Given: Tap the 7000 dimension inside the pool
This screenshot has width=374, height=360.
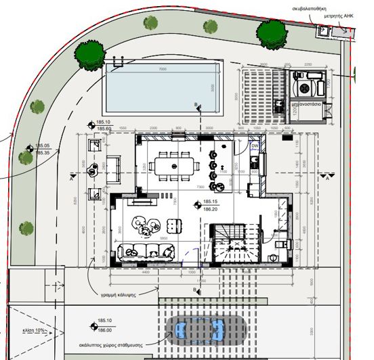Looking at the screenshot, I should coord(162,70).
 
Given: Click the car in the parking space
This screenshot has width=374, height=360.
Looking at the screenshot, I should coord(198,330).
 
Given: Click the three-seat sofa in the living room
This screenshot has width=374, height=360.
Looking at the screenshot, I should coord(144,252).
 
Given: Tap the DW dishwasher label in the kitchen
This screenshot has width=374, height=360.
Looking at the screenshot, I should coord(255,145).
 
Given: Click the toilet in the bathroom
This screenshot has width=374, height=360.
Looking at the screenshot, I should coord(272,258).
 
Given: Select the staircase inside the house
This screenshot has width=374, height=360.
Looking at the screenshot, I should coord(230,247).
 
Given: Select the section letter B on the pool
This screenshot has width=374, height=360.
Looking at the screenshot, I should coord(196,105).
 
